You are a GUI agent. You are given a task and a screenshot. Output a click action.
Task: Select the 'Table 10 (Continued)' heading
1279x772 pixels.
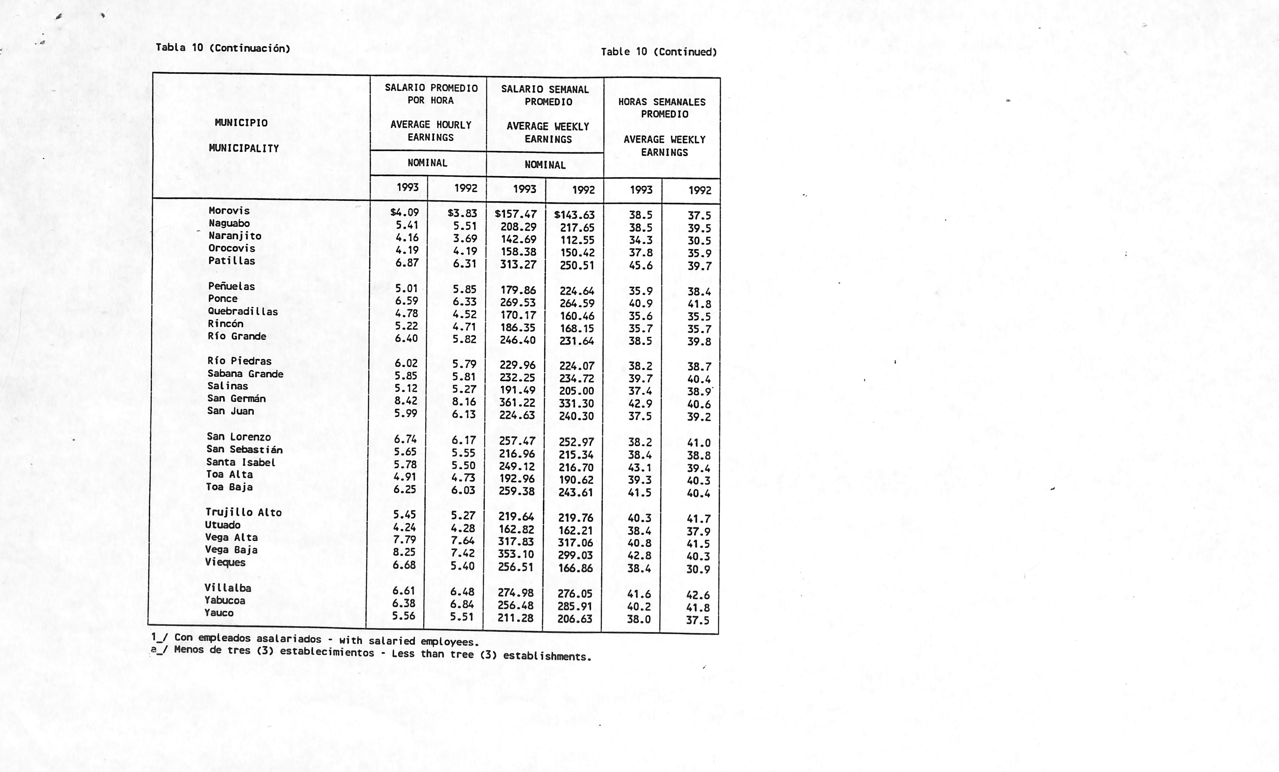(659, 52)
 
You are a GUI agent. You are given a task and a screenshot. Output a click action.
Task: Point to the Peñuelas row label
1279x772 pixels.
(231, 286)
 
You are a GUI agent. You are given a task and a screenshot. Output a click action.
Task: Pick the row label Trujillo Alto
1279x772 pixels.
(243, 512)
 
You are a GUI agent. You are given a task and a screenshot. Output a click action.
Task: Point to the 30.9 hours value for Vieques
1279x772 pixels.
(698, 569)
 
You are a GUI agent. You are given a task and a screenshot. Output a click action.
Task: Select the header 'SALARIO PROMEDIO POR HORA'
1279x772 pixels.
(431, 94)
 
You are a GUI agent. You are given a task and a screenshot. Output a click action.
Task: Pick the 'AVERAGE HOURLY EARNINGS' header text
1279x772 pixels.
(431, 131)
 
